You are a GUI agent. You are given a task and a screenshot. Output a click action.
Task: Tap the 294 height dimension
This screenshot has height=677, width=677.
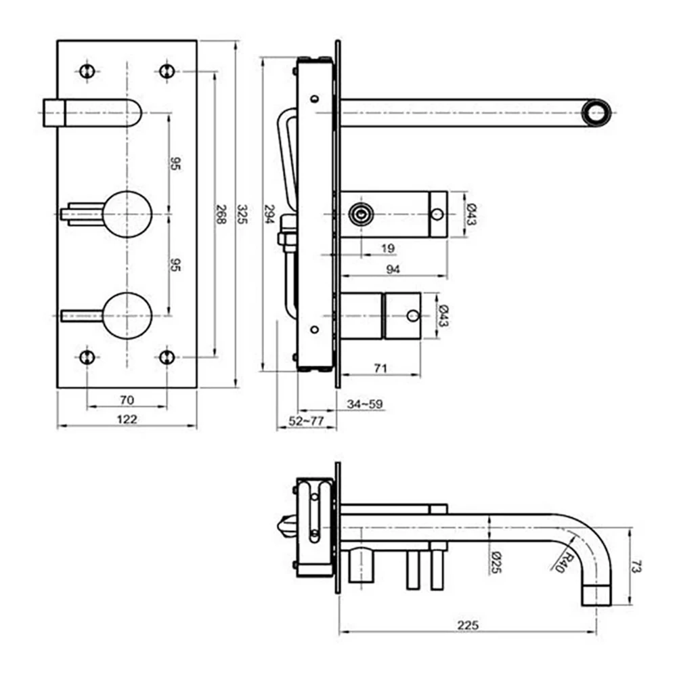tap(268, 214)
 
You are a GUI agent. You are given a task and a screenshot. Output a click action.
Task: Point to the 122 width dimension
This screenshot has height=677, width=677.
tap(126, 419)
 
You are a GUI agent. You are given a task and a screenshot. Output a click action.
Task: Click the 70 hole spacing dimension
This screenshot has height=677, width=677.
tap(126, 400)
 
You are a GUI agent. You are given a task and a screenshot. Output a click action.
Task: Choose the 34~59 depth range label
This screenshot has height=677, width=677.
tap(365, 404)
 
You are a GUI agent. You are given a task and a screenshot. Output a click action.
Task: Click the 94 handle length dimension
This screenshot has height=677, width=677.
tap(393, 269)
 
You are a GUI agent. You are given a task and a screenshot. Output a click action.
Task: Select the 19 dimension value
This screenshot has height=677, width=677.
tap(387, 248)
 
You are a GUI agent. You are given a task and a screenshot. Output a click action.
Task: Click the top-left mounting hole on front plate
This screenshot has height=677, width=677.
tap(85, 70)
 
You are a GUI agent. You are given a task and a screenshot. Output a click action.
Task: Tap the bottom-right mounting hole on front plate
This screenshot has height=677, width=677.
tap(167, 357)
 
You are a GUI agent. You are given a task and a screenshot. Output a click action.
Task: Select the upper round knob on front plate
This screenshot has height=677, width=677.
tap(127, 213)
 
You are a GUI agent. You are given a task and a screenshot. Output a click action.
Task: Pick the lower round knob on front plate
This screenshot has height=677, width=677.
tap(127, 315)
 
